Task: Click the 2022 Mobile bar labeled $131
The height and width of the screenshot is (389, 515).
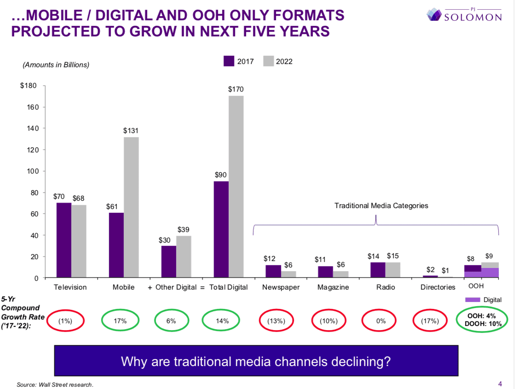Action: tap(131, 207)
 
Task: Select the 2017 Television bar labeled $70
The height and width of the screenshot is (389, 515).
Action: tap(64, 240)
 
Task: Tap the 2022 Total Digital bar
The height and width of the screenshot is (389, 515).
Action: tap(236, 186)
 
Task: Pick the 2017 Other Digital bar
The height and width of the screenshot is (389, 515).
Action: tap(168, 261)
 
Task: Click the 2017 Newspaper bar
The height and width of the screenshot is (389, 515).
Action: tap(273, 271)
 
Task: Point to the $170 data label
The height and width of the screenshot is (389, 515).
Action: tap(236, 89)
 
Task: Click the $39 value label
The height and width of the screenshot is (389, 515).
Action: tap(183, 229)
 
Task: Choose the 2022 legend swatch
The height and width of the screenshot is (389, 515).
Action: tap(268, 61)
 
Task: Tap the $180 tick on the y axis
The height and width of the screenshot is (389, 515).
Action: tap(29, 86)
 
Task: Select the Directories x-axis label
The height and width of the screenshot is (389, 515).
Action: tap(438, 287)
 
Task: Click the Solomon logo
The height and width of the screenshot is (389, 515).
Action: tap(464, 15)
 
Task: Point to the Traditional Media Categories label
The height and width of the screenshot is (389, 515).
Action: tap(381, 206)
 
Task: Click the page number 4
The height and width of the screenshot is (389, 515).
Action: tap(500, 384)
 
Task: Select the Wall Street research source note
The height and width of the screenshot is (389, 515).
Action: tap(55, 384)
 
